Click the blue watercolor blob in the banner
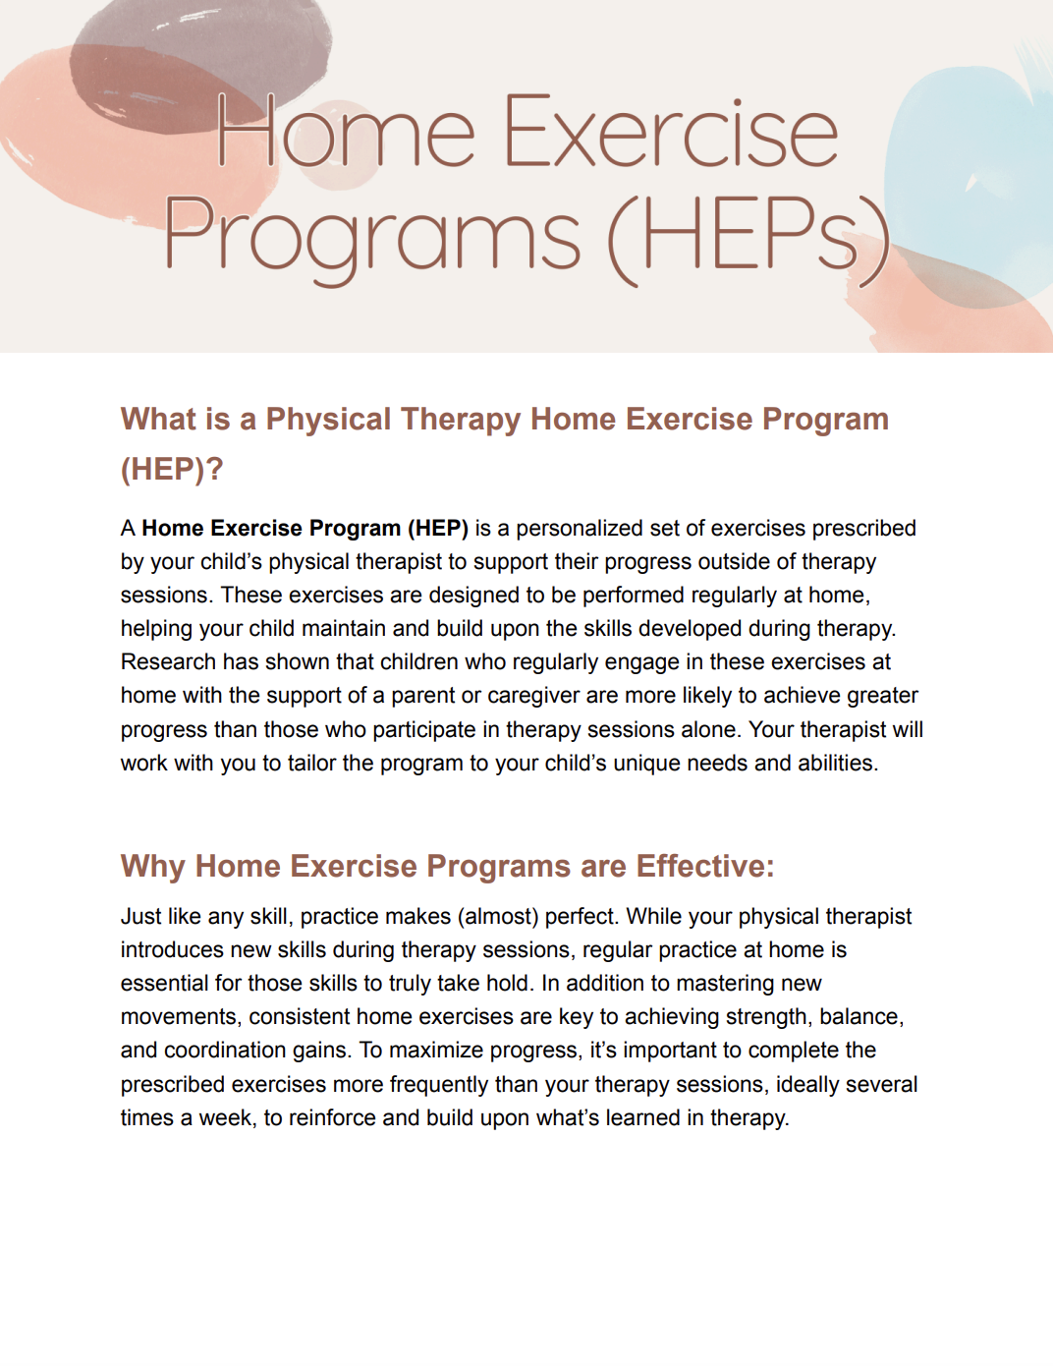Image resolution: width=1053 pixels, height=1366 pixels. (x=968, y=177)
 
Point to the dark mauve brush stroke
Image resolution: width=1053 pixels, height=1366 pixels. (x=196, y=59)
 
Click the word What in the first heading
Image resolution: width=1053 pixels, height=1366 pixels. (x=158, y=420)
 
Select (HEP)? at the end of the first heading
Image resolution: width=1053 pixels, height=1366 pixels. (x=172, y=469)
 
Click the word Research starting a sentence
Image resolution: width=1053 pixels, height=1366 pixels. (x=168, y=662)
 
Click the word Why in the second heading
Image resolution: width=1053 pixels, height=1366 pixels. (x=153, y=867)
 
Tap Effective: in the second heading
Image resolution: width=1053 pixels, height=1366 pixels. (x=704, y=867)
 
